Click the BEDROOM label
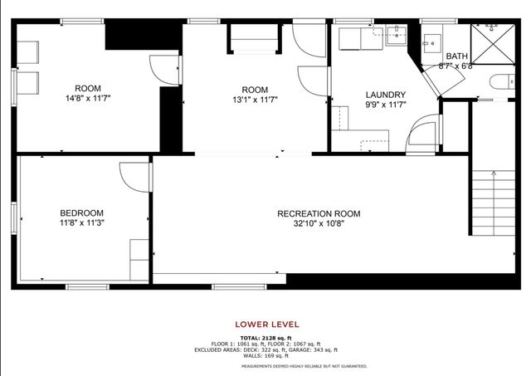[81, 212]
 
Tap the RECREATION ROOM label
[319, 213]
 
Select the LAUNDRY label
[386, 95]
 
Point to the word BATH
[456, 56]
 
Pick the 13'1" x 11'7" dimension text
[255, 100]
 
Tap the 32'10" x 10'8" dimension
[319, 223]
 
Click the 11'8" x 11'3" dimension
[81, 222]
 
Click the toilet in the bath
[498, 81]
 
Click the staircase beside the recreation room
[494, 203]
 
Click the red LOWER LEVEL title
[267, 324]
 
